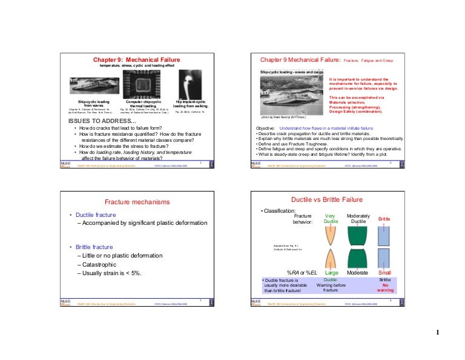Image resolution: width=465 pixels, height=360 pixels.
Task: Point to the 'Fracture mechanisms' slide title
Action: click(133, 201)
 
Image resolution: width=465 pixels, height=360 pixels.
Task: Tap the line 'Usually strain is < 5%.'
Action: click(110, 274)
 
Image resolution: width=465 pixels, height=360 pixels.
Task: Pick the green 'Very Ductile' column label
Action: click(331, 218)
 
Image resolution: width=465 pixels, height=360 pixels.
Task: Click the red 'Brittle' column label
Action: click(384, 218)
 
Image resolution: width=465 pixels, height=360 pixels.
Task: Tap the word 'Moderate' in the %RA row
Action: click(358, 273)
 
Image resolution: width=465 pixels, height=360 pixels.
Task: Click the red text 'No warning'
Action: click(385, 287)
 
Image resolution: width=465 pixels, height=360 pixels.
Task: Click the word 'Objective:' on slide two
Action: click(266, 128)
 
